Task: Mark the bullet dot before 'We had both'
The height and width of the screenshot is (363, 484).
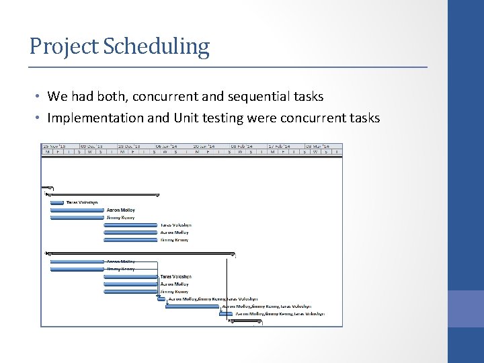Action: tap(38, 97)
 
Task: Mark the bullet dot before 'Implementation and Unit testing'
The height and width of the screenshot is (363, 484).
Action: tap(38, 118)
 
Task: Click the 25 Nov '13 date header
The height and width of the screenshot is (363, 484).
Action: tap(54, 146)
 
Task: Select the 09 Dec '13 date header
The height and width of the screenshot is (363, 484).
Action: tap(92, 146)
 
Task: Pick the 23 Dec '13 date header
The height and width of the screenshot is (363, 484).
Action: tap(130, 146)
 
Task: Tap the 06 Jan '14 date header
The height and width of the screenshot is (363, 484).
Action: tap(167, 146)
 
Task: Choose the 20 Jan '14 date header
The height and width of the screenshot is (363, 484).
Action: tap(204, 146)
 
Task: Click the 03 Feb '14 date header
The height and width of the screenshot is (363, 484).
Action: tap(242, 146)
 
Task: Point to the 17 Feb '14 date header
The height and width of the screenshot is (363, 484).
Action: tap(280, 146)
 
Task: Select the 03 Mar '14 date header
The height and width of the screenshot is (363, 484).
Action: tap(317, 146)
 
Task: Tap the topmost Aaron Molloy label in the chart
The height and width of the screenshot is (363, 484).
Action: tap(120, 210)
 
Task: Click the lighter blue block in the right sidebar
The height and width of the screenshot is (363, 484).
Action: tap(465, 309)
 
